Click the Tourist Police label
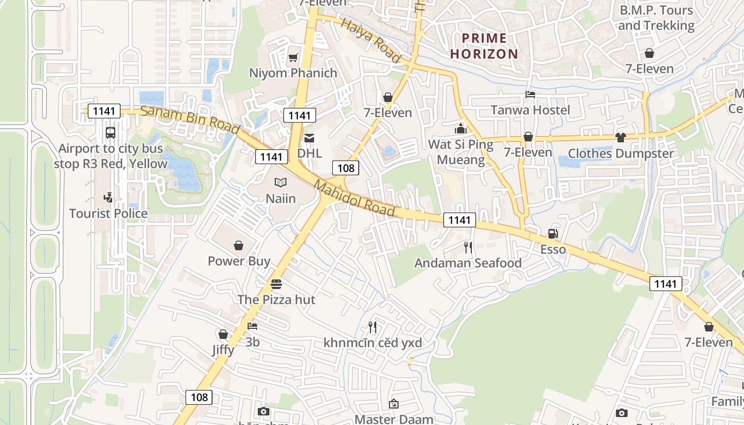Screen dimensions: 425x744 pos(108,214)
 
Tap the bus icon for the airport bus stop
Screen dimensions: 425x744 pos(111,133)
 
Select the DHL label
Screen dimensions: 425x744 pos(309,153)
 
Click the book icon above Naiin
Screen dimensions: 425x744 pos(281,183)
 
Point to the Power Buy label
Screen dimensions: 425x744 pos(239,261)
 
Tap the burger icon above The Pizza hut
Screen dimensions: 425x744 pos(276,284)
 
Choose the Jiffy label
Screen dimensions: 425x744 pos(223,350)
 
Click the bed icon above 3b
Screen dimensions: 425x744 pos(252,326)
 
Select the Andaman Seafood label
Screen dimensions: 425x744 pos(468,263)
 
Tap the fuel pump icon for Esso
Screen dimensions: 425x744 pos(553,234)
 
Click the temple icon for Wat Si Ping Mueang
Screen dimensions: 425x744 pos(460,129)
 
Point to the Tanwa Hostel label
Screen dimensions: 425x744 pos(530,110)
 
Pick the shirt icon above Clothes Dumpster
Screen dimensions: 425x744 pos(620,138)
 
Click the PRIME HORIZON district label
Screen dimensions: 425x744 pos(484,46)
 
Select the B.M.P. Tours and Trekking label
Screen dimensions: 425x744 pos(656,18)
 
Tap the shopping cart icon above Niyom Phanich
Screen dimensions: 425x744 pos(293,57)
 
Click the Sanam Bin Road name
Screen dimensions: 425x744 pos(190,120)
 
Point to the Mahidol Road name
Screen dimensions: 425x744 pos(354,199)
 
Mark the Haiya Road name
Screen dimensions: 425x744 pos(370,40)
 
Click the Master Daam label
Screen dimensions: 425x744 pos(394,419)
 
